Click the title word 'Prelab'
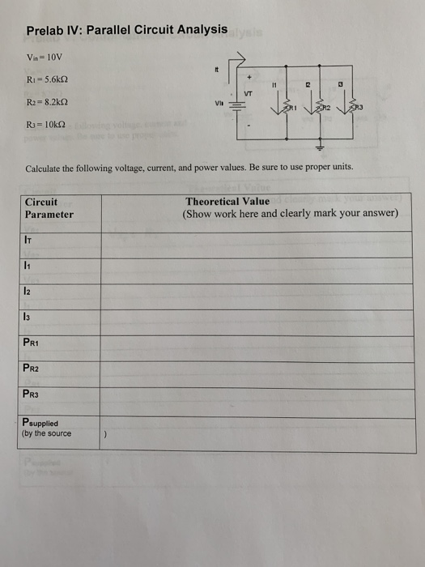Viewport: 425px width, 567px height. click(x=45, y=31)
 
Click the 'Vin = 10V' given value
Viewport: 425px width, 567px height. click(x=42, y=58)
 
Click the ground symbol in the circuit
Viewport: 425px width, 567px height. click(x=318, y=149)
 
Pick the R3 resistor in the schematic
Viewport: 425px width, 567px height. click(x=351, y=105)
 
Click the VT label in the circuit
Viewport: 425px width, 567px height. click(x=248, y=93)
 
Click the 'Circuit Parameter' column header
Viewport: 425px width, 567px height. click(x=49, y=208)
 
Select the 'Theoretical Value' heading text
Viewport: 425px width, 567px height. click(x=227, y=202)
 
